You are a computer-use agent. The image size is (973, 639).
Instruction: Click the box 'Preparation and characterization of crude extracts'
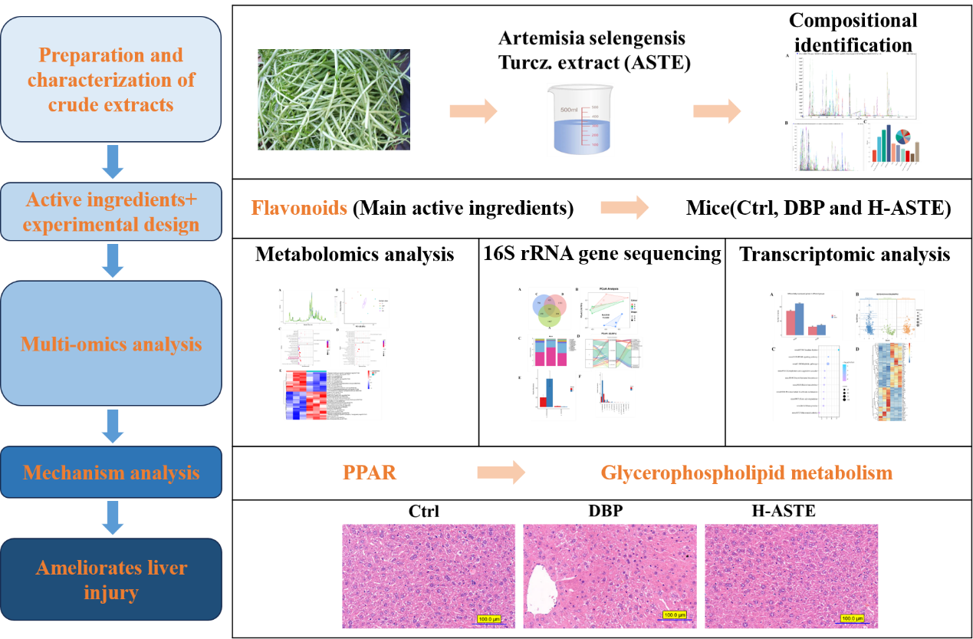click(x=111, y=79)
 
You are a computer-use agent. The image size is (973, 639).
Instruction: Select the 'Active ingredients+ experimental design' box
click(x=111, y=212)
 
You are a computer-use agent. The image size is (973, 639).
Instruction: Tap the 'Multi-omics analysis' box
click(x=111, y=343)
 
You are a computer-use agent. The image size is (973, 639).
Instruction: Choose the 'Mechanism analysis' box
click(x=111, y=472)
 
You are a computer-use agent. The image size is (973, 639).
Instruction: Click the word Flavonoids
click(x=299, y=208)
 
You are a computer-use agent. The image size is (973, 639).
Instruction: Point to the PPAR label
click(x=370, y=472)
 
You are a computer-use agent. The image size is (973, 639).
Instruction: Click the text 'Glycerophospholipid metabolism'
click(x=746, y=472)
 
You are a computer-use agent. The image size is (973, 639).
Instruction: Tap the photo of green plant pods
click(x=334, y=100)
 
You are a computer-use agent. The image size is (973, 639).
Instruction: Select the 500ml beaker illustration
click(x=580, y=120)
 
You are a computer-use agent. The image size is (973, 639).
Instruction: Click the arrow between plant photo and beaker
click(x=473, y=111)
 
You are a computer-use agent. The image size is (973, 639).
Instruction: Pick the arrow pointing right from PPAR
click(x=501, y=472)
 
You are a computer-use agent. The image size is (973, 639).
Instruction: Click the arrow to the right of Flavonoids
click(x=624, y=207)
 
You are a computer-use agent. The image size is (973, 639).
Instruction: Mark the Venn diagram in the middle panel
click(x=551, y=311)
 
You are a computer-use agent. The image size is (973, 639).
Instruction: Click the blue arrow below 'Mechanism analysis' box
click(x=113, y=518)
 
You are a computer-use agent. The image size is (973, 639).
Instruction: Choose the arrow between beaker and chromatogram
click(x=717, y=111)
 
